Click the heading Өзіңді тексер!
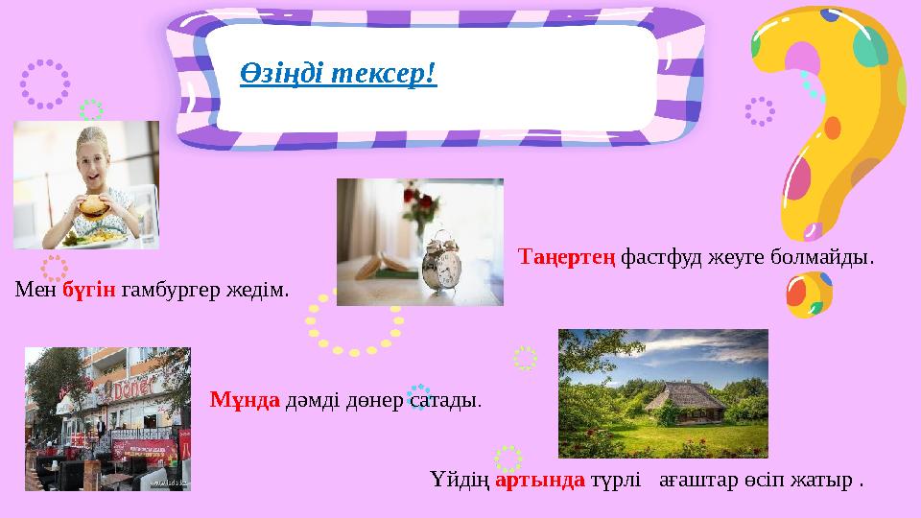(338, 73)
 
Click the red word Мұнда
(244, 398)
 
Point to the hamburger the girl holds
(93, 205)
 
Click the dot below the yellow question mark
(809, 295)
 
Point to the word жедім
(264, 289)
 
